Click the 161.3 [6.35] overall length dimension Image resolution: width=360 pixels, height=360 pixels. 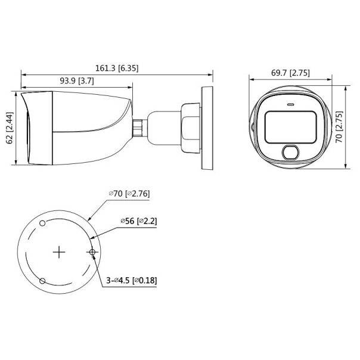[x=117, y=68]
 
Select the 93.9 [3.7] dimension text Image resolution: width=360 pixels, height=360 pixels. [x=76, y=80]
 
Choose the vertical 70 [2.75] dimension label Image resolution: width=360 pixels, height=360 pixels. [x=339, y=126]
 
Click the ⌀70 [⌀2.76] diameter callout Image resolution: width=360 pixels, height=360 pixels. [x=131, y=194]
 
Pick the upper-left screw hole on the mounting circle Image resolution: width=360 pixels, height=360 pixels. [x=42, y=223]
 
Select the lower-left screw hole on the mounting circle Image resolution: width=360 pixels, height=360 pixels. [x=42, y=281]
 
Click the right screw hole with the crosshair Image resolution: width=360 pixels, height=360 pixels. [x=92, y=252]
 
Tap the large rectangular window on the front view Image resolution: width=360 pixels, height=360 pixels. [x=289, y=126]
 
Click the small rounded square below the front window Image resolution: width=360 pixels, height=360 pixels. [x=291, y=153]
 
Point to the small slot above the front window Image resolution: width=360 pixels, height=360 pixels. [x=290, y=104]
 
